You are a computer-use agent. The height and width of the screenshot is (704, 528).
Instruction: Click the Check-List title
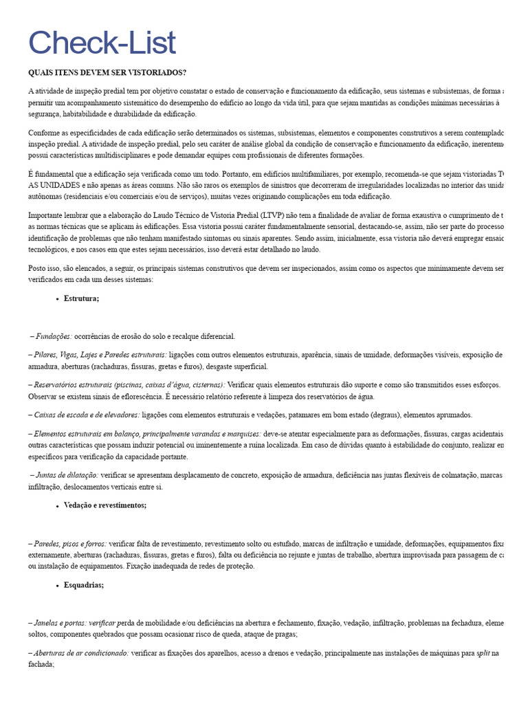tap(102, 43)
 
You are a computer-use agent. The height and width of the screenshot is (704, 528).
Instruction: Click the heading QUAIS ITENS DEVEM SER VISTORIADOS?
tap(107, 73)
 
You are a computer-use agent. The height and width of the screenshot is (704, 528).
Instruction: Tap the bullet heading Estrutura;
tap(82, 298)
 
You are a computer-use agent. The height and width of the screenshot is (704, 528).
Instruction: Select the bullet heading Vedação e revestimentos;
tap(105, 505)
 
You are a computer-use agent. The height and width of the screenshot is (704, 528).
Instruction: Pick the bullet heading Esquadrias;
tap(84, 585)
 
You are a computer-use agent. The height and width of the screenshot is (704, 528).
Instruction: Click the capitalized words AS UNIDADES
tap(52, 186)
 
